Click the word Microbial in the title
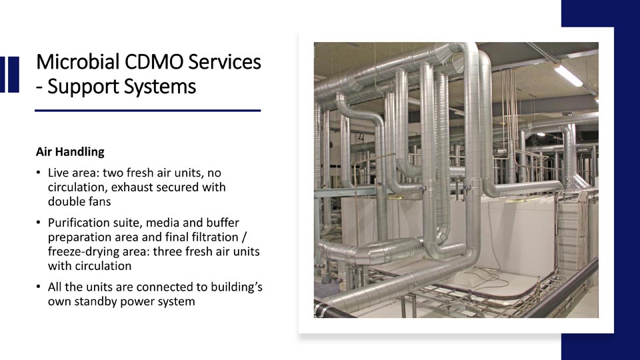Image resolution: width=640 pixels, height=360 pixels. pyautogui.click(x=77, y=62)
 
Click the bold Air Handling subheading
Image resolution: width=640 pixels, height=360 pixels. pyautogui.click(x=70, y=152)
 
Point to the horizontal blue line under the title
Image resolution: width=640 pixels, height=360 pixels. pyautogui.click(x=148, y=110)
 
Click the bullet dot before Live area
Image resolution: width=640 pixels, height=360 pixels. pyautogui.click(x=39, y=173)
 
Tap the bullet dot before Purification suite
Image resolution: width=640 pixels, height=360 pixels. pyautogui.click(x=39, y=223)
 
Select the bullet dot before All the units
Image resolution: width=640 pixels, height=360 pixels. pyautogui.click(x=39, y=287)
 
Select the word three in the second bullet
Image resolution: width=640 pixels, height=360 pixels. pyautogui.click(x=168, y=251)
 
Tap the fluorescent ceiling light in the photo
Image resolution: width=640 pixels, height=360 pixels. pyautogui.click(x=568, y=75)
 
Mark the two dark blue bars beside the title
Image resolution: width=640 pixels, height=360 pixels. pyautogui.click(x=9, y=75)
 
